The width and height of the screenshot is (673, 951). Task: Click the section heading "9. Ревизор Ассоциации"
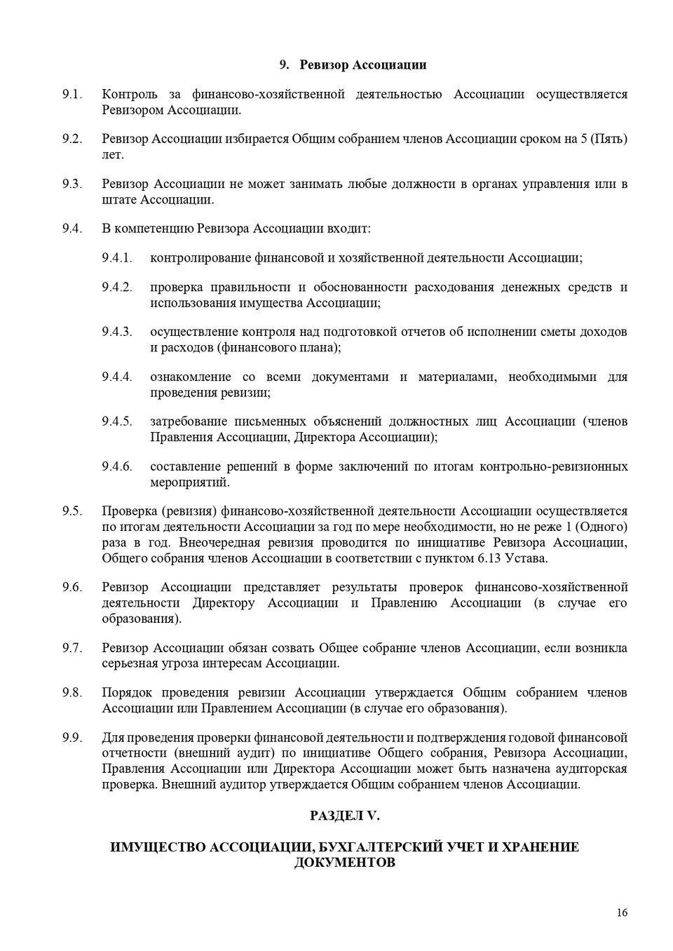tap(353, 65)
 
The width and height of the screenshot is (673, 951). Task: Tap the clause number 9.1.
tap(72, 94)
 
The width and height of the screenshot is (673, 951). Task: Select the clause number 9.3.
tap(72, 184)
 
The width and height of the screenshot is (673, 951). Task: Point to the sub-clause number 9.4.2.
tap(116, 287)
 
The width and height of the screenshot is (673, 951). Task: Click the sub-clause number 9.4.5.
tap(116, 421)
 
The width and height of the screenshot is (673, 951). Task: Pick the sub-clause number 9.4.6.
tap(116, 466)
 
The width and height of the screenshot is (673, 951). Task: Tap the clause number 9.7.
tap(72, 648)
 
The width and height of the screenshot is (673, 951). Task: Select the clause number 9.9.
tap(72, 737)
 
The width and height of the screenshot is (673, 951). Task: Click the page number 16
tap(622, 912)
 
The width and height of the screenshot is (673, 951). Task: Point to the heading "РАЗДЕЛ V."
tap(344, 816)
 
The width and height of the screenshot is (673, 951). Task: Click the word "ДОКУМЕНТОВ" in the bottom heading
tap(344, 863)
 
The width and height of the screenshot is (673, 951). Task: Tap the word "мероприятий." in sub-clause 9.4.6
tap(190, 483)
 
